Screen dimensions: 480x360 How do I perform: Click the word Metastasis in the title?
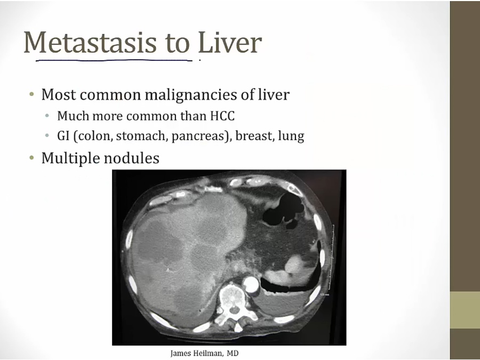[x=90, y=42]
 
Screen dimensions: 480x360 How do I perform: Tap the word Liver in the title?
[x=230, y=42]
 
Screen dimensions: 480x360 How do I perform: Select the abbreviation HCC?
[x=222, y=116]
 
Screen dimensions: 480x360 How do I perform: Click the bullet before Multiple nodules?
[x=31, y=158]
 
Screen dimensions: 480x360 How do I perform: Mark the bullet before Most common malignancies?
[x=31, y=94]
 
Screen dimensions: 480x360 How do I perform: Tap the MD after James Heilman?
[x=233, y=353]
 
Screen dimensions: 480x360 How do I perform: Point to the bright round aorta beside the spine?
[x=251, y=284]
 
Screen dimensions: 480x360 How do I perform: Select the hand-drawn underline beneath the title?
[x=114, y=60]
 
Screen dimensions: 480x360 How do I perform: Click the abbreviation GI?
[x=63, y=135]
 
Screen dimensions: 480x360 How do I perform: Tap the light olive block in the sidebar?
[x=465, y=310]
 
